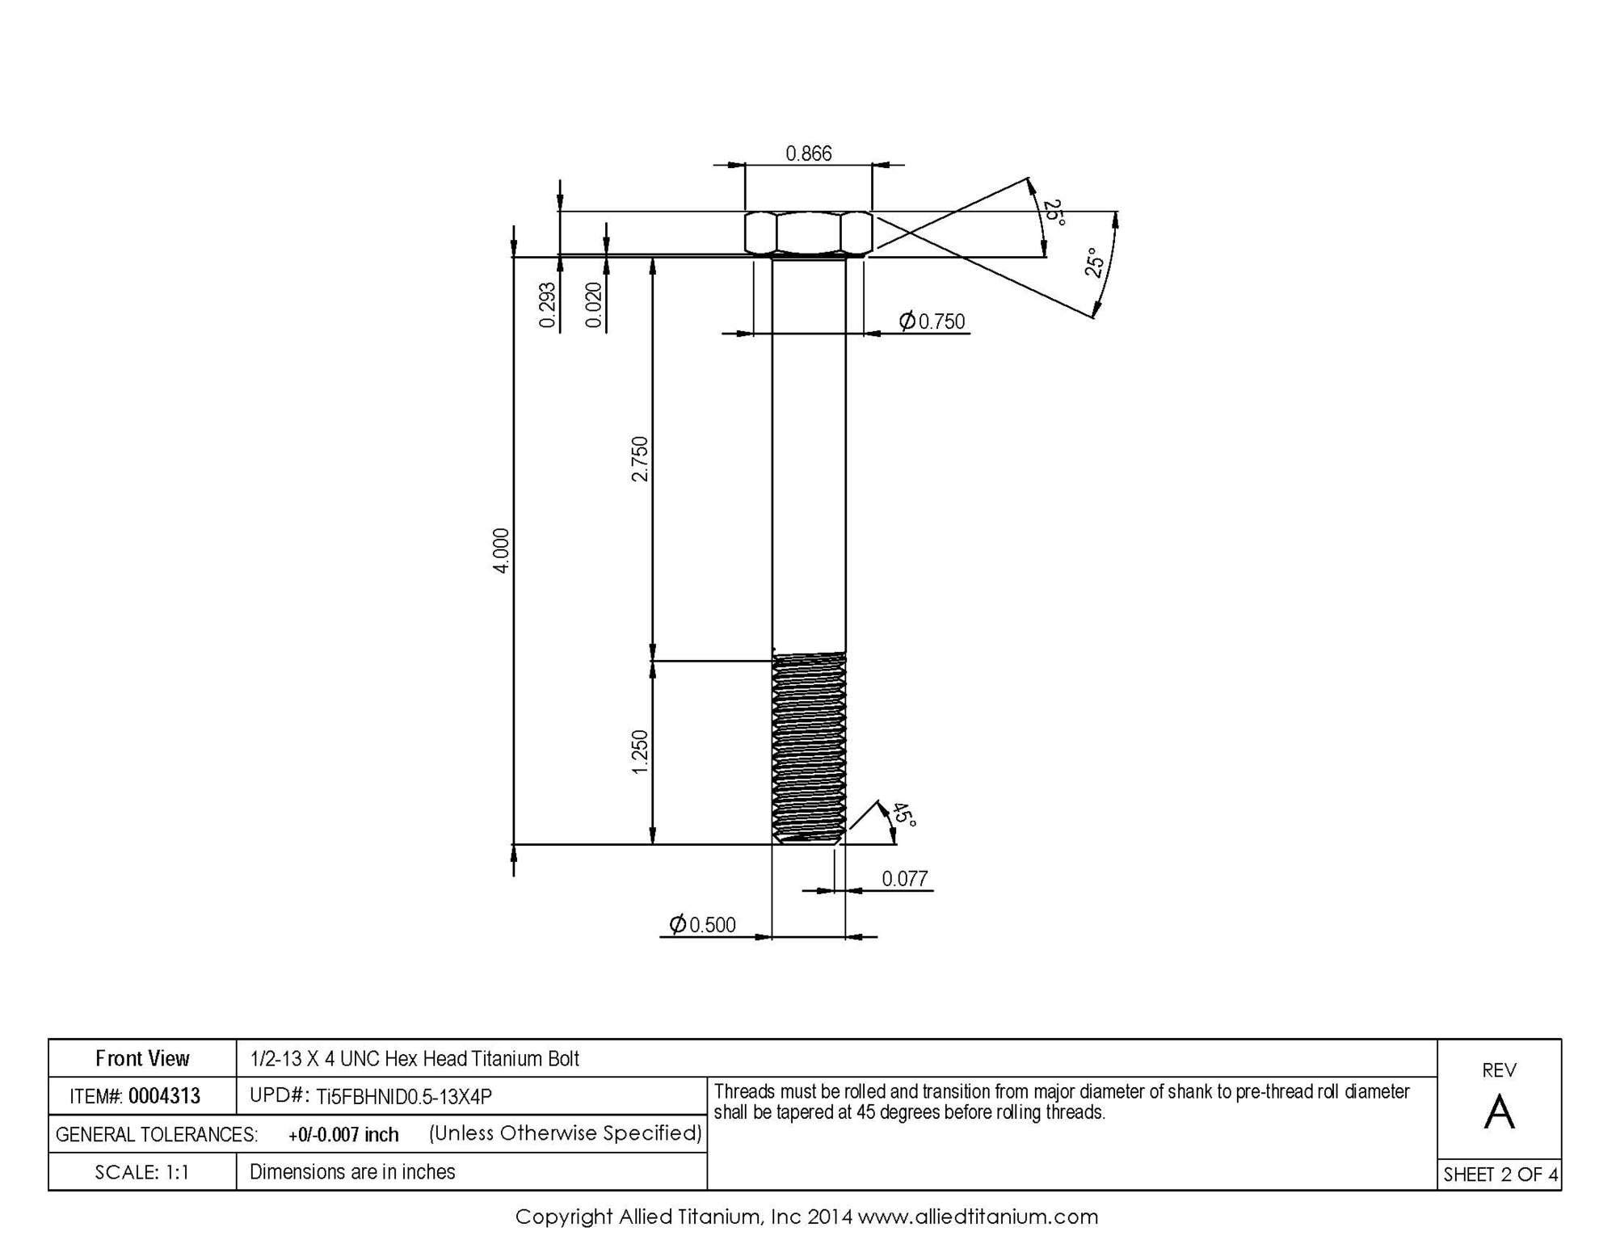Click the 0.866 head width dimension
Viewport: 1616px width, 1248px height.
(809, 153)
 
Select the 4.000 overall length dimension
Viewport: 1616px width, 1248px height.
(502, 551)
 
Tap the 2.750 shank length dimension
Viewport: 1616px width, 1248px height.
(640, 459)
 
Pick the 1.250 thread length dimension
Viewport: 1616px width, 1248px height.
(640, 752)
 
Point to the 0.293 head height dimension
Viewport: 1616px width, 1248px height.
(548, 305)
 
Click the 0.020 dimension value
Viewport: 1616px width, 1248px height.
(594, 305)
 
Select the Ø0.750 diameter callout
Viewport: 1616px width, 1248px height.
(932, 321)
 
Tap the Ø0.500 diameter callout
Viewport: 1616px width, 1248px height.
(702, 925)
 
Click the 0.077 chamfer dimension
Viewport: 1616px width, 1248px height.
(905, 879)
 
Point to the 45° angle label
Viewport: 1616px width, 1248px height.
(904, 816)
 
